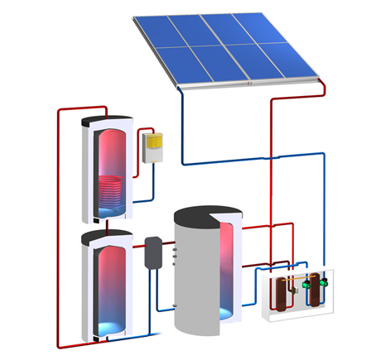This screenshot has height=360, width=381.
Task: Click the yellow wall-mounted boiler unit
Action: tap(152, 146)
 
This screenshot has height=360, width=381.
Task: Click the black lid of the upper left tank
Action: tap(105, 121)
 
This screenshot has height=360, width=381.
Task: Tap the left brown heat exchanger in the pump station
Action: tap(284, 294)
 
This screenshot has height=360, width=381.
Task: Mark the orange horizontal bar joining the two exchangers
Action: tap(300, 285)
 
